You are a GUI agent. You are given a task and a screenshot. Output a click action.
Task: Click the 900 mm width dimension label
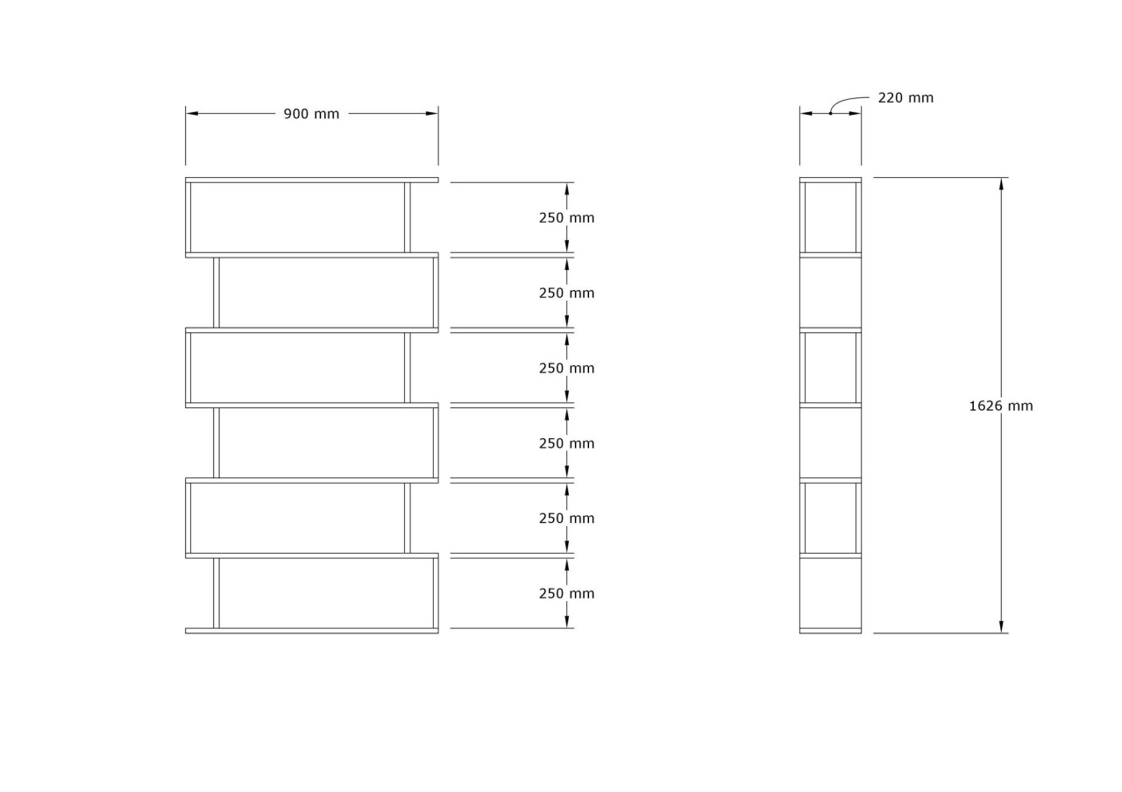tap(311, 114)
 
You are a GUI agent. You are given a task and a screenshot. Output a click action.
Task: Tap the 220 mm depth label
tap(905, 98)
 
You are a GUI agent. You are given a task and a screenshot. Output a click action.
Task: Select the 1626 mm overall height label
tap(1001, 406)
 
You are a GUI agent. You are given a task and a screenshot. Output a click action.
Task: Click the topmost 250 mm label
tap(566, 218)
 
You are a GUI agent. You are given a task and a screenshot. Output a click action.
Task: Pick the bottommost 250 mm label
tap(566, 594)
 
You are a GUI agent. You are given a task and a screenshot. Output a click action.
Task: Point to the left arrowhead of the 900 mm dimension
tap(192, 114)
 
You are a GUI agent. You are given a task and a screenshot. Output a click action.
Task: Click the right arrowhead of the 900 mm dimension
tap(432, 114)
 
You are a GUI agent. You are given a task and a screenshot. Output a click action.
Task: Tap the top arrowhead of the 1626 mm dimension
tap(1001, 184)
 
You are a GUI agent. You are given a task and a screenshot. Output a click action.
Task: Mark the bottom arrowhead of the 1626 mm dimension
tap(1001, 626)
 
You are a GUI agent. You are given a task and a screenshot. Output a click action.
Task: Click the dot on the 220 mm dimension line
tap(830, 114)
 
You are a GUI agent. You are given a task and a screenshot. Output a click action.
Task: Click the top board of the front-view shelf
tap(311, 180)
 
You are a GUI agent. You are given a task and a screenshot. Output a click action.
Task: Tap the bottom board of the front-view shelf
tap(311, 631)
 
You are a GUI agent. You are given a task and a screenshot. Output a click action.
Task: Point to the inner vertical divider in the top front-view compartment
tap(408, 217)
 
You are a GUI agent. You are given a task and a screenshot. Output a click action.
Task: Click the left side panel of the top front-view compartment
tap(188, 217)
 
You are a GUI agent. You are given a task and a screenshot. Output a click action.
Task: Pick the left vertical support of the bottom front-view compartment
tap(217, 593)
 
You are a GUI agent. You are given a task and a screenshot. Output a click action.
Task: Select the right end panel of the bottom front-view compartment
tap(436, 593)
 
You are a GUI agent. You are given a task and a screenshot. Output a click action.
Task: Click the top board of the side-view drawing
tap(830, 180)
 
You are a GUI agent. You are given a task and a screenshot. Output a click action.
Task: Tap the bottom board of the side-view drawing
tap(830, 631)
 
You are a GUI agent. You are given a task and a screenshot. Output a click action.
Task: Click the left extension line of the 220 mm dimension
tap(799, 136)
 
